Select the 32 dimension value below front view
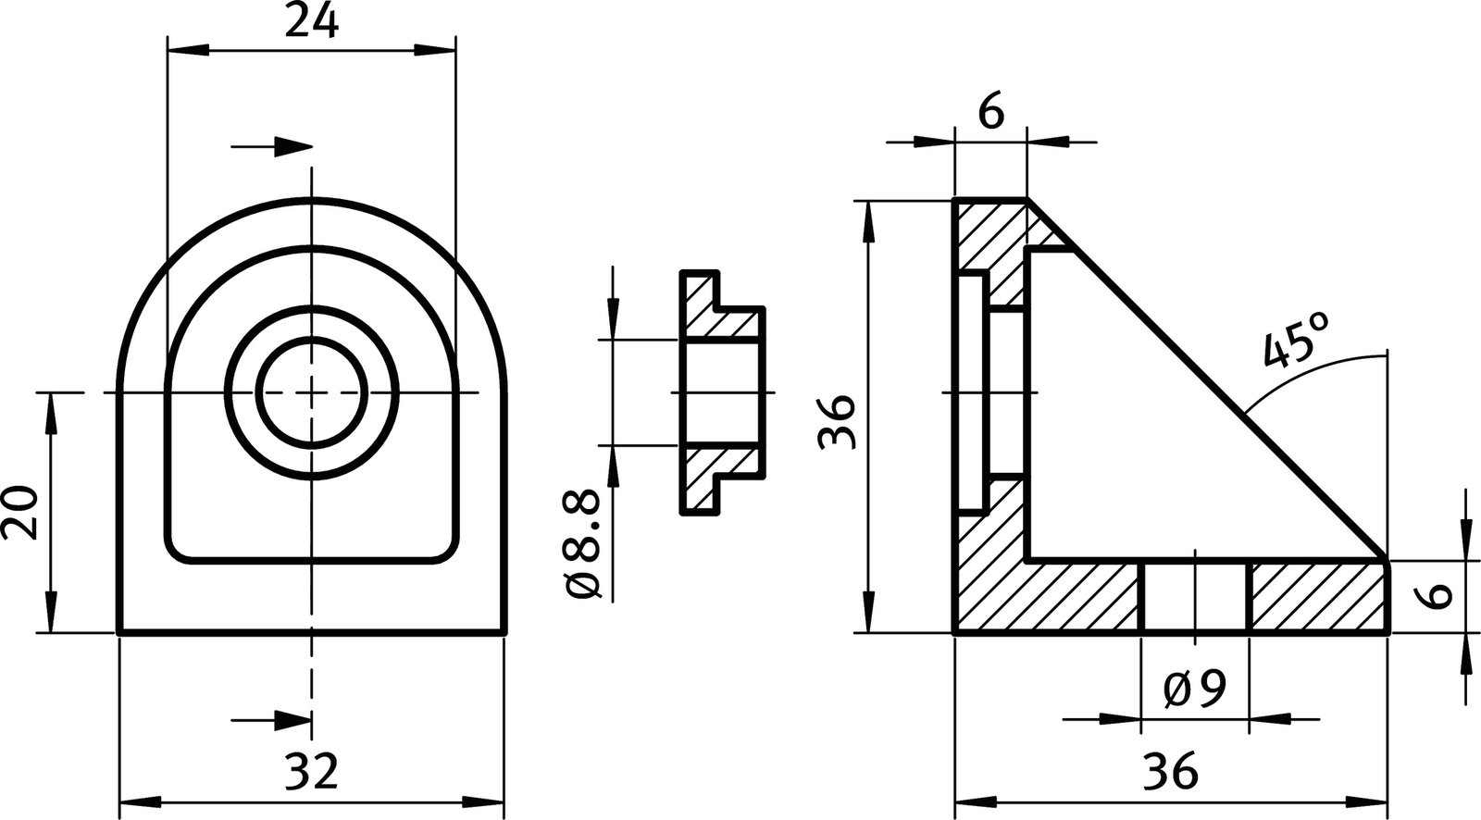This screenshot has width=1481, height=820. (x=311, y=771)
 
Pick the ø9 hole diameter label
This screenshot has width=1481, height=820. (x=1195, y=687)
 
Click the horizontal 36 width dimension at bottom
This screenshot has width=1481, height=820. (x=1171, y=771)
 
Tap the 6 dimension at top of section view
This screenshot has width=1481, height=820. (x=989, y=113)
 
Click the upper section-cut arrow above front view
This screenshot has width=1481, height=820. (x=273, y=146)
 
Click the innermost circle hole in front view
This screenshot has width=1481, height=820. (x=311, y=392)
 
